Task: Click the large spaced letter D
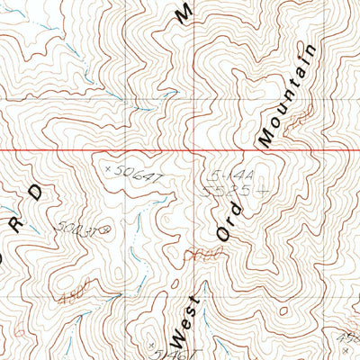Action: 36,192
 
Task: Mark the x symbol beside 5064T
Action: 109,167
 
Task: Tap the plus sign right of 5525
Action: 261,192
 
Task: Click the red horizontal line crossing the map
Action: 180,148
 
